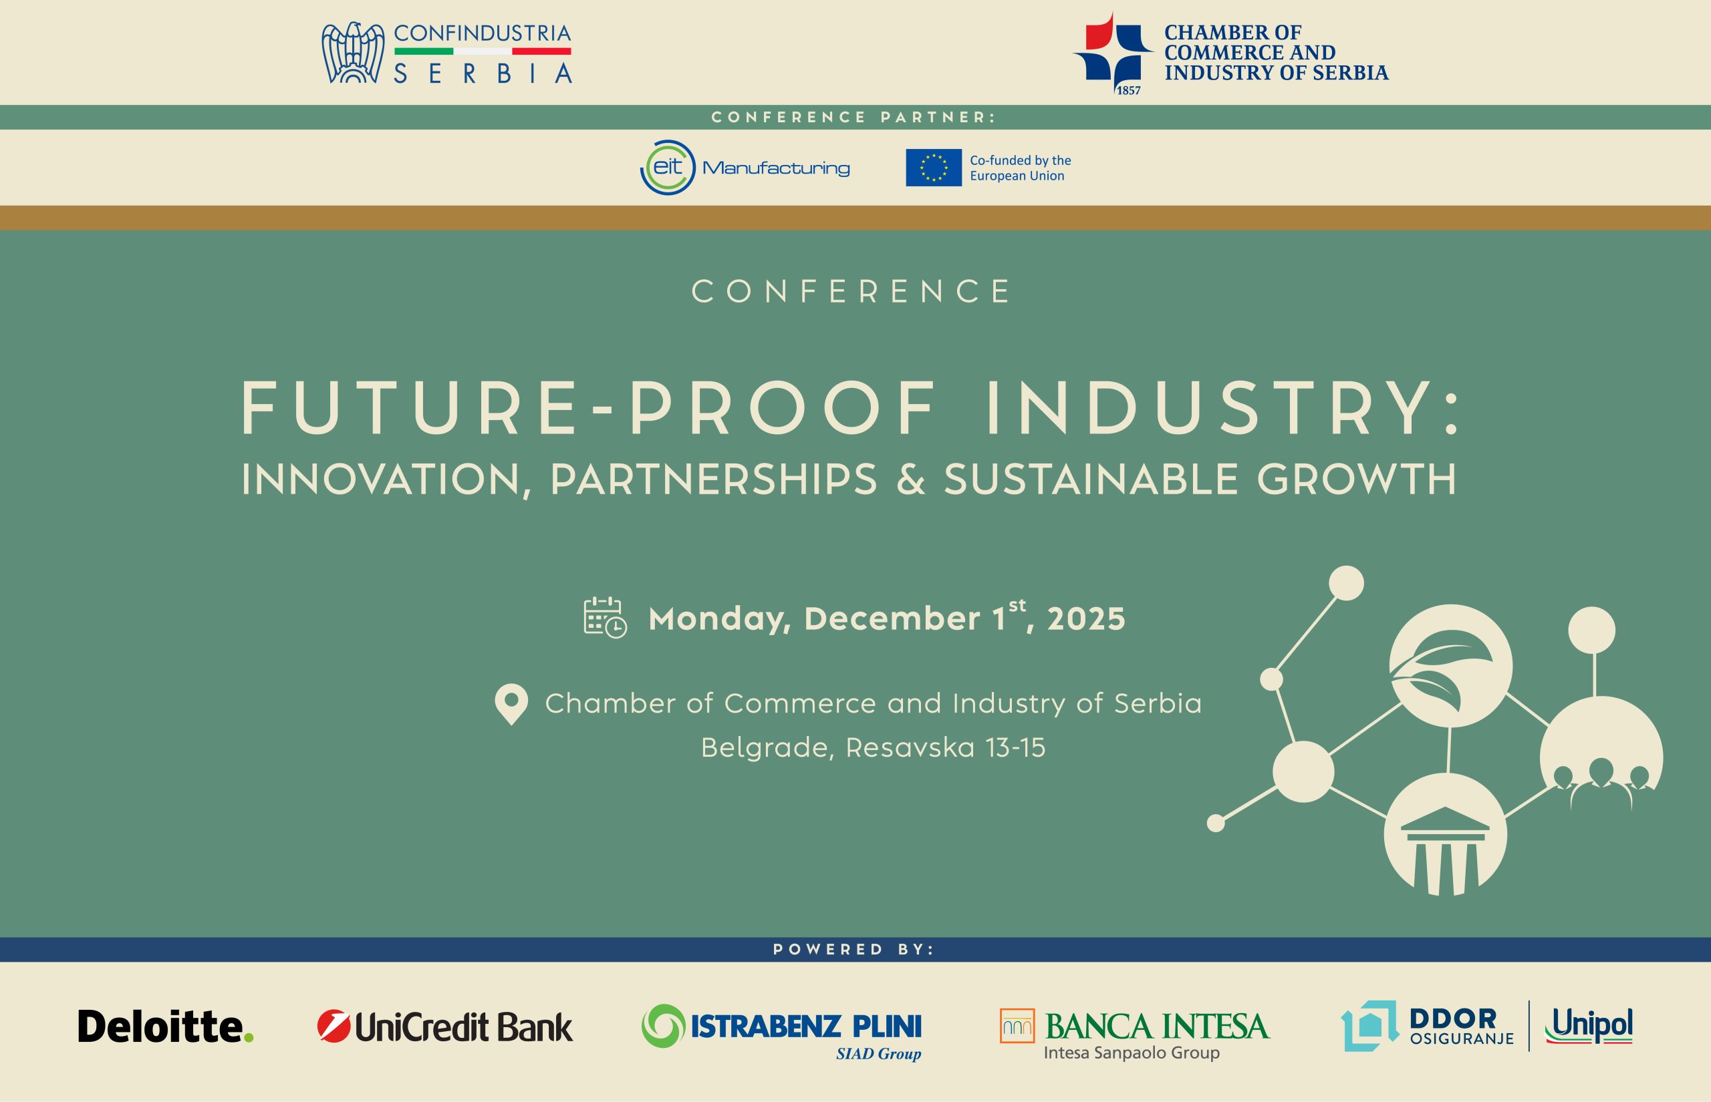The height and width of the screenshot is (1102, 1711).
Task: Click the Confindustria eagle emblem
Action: (x=353, y=53)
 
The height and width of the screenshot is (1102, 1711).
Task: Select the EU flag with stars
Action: (x=934, y=168)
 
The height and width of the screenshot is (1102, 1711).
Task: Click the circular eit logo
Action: (x=667, y=168)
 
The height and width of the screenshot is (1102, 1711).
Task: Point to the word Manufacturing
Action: (x=776, y=169)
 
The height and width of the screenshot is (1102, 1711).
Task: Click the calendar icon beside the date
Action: (x=605, y=617)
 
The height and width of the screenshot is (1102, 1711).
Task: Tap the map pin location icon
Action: (x=511, y=705)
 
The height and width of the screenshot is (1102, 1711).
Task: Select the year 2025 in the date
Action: (x=1086, y=619)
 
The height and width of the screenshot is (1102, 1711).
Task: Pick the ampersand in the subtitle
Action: (x=910, y=480)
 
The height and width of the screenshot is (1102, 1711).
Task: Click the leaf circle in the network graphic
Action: (x=1450, y=667)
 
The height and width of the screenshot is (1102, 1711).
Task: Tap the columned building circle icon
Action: (x=1445, y=834)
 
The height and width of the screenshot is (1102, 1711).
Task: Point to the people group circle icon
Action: (x=1601, y=758)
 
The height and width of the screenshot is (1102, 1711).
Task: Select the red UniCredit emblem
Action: (x=333, y=1026)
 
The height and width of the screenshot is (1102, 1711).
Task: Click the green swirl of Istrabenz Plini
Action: (x=663, y=1025)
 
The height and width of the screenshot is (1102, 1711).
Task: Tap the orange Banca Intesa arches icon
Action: (x=1017, y=1025)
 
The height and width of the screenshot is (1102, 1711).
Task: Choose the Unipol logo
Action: (x=1589, y=1026)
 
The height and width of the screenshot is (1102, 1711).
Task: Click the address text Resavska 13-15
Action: (x=945, y=748)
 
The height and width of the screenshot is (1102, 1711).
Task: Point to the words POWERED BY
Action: (x=854, y=950)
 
